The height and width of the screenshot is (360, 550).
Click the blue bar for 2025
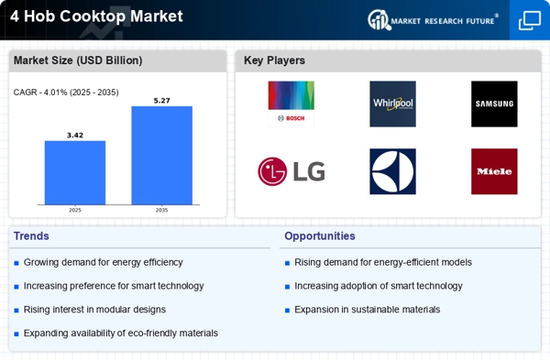(75, 172)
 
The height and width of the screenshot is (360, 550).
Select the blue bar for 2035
(161, 156)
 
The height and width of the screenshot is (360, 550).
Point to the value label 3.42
(75, 136)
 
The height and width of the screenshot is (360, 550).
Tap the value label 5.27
(161, 101)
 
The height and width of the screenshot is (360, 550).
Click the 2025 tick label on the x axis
(75, 211)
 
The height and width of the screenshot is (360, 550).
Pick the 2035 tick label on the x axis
(161, 211)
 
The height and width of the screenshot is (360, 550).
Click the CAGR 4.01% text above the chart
(66, 93)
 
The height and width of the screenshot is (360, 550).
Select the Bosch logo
(291, 104)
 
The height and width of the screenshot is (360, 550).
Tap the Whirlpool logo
(393, 104)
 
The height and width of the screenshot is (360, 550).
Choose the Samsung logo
(494, 104)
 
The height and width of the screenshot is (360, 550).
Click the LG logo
(291, 171)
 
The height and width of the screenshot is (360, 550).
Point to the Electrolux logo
(393, 171)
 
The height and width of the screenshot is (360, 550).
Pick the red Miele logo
(494, 171)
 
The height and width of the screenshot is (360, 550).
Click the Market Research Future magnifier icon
(379, 19)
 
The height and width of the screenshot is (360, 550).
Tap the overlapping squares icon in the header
(530, 21)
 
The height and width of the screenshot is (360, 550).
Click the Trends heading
(31, 236)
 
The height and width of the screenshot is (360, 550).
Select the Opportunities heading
(320, 236)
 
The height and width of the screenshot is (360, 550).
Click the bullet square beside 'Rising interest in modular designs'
(16, 311)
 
